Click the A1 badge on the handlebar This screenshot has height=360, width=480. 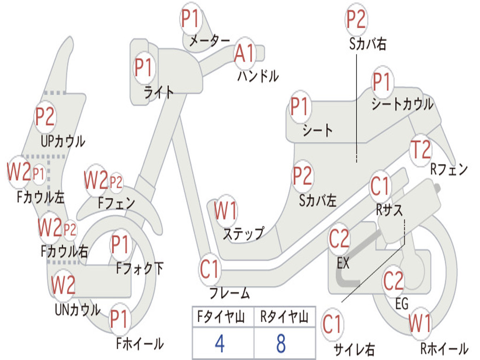click(x=245, y=53)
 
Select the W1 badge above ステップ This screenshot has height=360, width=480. click(x=225, y=210)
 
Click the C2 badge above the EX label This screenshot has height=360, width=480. click(x=339, y=239)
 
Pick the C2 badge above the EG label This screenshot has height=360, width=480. click(x=394, y=280)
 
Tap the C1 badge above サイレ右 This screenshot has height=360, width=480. click(x=333, y=324)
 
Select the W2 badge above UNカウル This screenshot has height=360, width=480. click(x=63, y=285)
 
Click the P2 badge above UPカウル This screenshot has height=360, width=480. click(x=45, y=117)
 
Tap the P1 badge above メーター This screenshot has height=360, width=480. click(x=191, y=19)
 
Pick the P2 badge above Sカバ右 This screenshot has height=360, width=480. click(x=356, y=19)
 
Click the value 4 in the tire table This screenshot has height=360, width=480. click(x=219, y=344)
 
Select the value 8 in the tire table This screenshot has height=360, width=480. click(x=281, y=344)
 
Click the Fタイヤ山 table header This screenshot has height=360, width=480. click(x=221, y=317)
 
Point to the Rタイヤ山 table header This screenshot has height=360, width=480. click(x=284, y=317)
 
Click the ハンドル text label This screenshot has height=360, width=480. click(x=258, y=76)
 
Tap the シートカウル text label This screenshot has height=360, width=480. click(x=403, y=104)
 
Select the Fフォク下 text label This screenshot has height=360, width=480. click(x=139, y=269)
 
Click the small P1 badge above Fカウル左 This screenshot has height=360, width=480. click(x=38, y=174)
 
